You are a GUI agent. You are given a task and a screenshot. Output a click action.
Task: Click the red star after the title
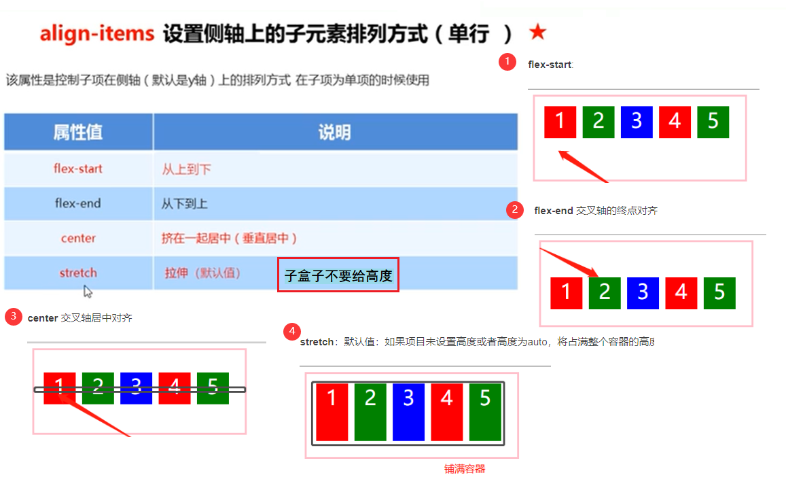(x=537, y=32)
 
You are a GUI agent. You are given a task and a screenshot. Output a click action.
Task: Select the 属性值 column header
(x=78, y=132)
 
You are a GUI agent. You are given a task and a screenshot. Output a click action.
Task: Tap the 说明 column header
(x=335, y=132)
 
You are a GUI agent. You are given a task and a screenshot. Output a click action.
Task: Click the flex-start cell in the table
(x=78, y=169)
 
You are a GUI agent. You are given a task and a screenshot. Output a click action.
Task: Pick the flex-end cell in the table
(x=78, y=203)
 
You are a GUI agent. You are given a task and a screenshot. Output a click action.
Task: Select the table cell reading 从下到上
(x=184, y=204)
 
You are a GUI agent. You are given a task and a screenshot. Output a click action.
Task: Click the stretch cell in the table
(x=78, y=273)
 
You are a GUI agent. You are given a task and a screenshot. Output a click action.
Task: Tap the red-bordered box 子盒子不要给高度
(x=338, y=275)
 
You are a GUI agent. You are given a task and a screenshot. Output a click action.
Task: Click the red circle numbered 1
(x=506, y=62)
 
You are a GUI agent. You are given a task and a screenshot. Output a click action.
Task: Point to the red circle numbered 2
(x=514, y=209)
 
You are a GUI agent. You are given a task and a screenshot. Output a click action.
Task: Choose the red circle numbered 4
(x=291, y=332)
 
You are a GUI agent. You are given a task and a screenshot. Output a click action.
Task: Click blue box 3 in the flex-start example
(x=637, y=122)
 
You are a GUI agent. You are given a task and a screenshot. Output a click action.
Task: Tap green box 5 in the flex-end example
(x=719, y=293)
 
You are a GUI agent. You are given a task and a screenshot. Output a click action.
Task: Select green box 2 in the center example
(x=98, y=388)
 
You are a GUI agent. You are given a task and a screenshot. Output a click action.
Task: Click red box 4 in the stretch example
(x=446, y=411)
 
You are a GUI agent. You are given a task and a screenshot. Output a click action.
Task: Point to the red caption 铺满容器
(x=465, y=469)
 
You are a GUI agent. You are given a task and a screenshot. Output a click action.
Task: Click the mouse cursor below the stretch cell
(x=88, y=291)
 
